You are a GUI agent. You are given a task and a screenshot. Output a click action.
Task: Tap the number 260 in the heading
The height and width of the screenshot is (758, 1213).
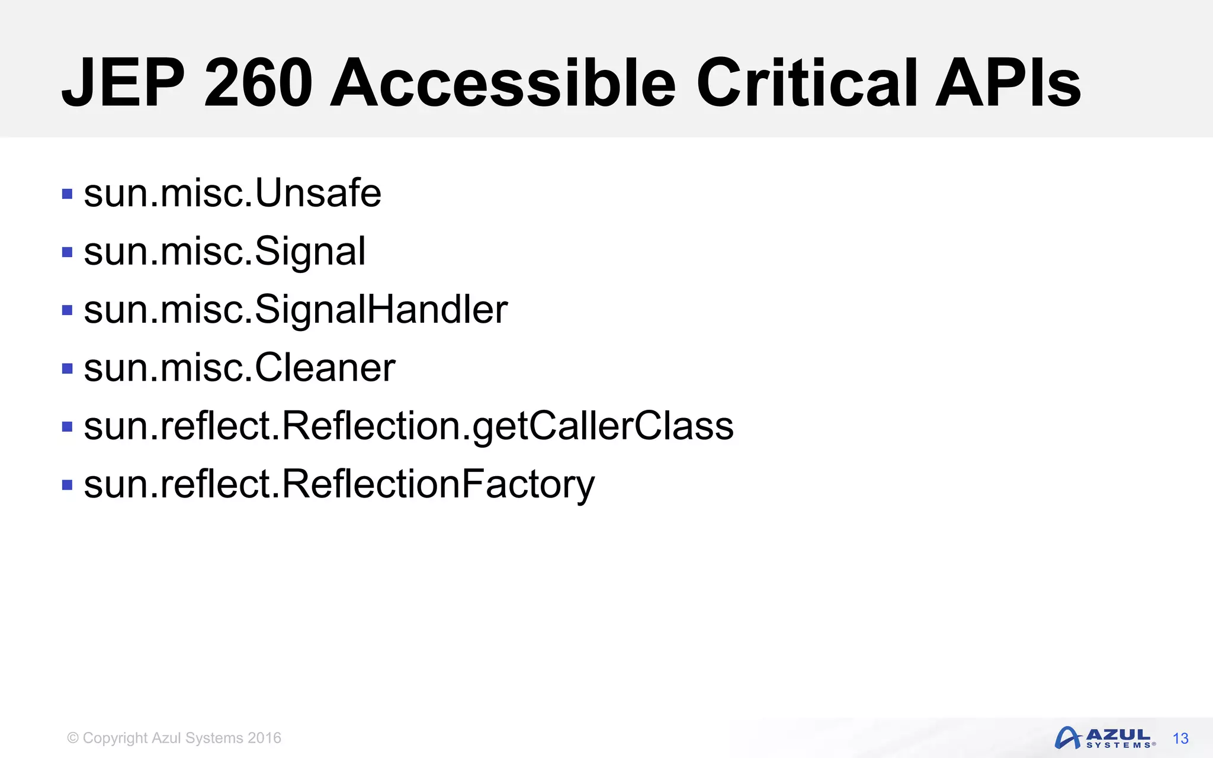pos(258,83)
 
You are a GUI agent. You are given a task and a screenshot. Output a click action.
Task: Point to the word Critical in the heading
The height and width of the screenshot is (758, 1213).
pos(807,83)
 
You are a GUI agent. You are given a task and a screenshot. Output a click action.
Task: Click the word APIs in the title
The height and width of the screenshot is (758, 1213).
pos(1008,83)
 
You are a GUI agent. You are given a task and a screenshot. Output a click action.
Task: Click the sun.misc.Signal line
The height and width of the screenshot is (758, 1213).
pos(225,251)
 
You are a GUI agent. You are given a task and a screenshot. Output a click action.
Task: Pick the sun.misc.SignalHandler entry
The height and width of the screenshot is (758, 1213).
pos(296,309)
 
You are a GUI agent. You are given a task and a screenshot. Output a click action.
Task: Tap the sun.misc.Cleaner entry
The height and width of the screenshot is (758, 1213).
pos(240,368)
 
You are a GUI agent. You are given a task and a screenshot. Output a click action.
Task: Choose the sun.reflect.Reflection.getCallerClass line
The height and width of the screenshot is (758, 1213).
pos(409,426)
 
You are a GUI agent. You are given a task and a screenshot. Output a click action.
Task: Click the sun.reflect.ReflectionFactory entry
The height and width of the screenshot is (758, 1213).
pos(339,484)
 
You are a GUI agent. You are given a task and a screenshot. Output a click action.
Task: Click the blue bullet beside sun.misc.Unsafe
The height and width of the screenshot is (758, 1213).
pos(67,194)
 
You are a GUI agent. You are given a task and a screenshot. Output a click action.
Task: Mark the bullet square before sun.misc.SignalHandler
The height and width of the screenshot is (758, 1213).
pos(67,310)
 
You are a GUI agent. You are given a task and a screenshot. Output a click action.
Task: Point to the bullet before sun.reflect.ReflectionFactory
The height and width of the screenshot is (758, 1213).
pos(67,486)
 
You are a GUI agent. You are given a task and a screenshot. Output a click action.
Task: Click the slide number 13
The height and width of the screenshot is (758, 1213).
pos(1180,738)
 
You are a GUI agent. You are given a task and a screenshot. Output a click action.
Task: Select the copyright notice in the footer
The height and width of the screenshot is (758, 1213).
pos(174,738)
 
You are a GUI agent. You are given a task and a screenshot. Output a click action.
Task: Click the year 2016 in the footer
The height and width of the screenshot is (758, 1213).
pos(264,738)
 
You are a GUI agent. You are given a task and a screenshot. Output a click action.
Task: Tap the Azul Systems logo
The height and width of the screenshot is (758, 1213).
pos(1105,738)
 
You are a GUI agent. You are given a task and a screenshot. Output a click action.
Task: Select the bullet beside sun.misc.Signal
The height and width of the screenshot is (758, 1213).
pos(67,252)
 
